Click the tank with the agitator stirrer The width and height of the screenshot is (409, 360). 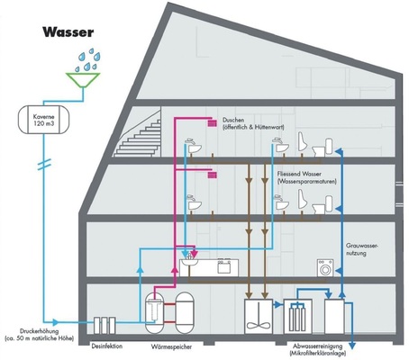tap(259, 318)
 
